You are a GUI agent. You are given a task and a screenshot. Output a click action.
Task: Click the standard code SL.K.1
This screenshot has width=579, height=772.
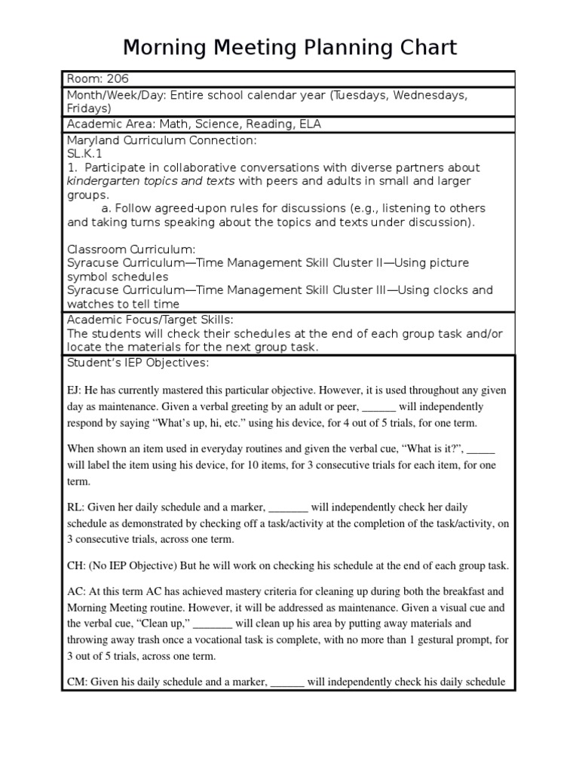(x=86, y=153)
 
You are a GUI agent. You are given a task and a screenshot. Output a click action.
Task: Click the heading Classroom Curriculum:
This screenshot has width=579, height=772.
(x=131, y=249)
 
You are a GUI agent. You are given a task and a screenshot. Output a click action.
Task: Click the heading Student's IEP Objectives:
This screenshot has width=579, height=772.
(x=137, y=363)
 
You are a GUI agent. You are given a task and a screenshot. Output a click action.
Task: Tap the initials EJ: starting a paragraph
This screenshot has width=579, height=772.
(x=75, y=391)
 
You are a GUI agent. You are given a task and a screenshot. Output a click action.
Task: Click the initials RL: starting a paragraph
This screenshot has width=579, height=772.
(x=76, y=507)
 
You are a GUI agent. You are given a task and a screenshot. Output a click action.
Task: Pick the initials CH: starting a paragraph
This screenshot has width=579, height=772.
(x=76, y=565)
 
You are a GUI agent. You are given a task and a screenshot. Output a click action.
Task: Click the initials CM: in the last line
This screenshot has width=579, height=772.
(x=77, y=682)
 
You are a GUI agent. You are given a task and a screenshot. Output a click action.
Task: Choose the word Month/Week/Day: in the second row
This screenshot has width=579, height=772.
(x=117, y=95)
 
